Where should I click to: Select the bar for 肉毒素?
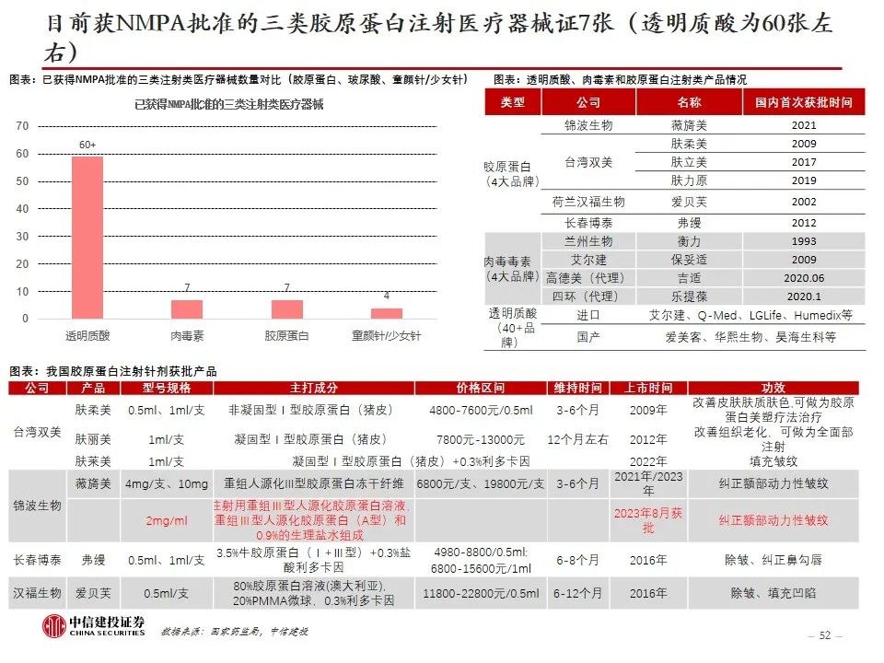pyautogui.click(x=187, y=308)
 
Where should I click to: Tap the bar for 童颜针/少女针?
pyautogui.click(x=386, y=313)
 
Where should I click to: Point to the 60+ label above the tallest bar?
pyautogui.click(x=87, y=145)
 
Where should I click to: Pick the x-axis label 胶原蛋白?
pyautogui.click(x=286, y=337)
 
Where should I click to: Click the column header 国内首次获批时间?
pyautogui.click(x=803, y=102)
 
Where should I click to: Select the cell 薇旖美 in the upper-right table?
pyautogui.click(x=688, y=125)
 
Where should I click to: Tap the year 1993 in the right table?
pyautogui.click(x=803, y=240)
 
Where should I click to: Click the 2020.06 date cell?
pyautogui.click(x=803, y=278)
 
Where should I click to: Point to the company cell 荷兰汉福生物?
pyautogui.click(x=588, y=202)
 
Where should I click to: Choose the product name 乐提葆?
pyautogui.click(x=688, y=297)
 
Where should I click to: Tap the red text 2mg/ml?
pyautogui.click(x=166, y=521)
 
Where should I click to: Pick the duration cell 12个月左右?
pyautogui.click(x=577, y=439)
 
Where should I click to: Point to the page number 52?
pyautogui.click(x=824, y=635)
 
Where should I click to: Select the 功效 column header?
pyautogui.click(x=773, y=389)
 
